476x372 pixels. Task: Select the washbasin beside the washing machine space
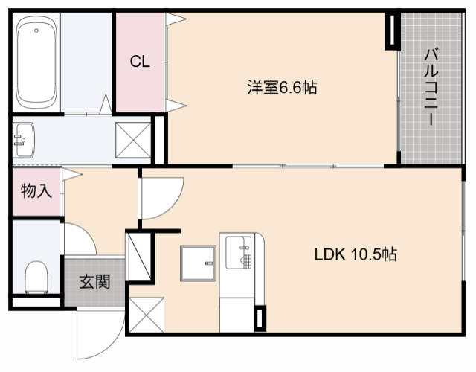[24, 139]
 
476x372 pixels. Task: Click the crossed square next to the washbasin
[132, 139]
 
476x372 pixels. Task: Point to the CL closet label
[140, 62]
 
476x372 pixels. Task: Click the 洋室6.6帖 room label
[282, 88]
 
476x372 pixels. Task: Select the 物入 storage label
[36, 191]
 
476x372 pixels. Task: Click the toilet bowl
[35, 277]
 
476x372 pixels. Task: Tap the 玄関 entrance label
[94, 282]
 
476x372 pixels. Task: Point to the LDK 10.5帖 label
[355, 254]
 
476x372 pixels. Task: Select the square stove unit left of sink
[196, 264]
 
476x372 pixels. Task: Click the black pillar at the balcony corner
[391, 31]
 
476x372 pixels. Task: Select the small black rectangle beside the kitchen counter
[258, 318]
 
